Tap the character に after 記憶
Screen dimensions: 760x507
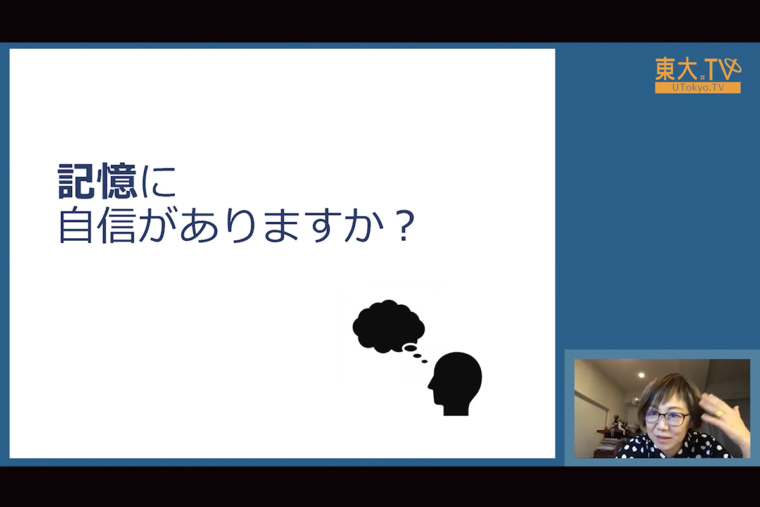click(x=159, y=181)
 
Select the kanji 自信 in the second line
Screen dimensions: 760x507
click(x=98, y=226)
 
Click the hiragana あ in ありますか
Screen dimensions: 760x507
click(x=198, y=226)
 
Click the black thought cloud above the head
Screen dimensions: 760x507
click(x=388, y=326)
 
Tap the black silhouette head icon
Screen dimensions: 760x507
click(x=455, y=383)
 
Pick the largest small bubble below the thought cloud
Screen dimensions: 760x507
click(x=409, y=348)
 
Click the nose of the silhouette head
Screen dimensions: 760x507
click(x=430, y=386)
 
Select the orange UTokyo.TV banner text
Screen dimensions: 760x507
click(x=698, y=87)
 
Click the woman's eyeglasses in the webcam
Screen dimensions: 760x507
click(x=666, y=418)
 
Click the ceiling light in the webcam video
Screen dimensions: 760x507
click(x=641, y=375)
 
